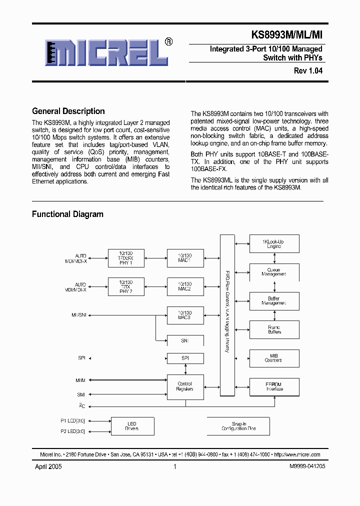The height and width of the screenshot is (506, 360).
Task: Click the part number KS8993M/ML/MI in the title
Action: tap(287, 35)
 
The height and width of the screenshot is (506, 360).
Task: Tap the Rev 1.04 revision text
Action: tap(308, 71)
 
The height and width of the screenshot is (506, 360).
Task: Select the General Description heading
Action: tap(68, 111)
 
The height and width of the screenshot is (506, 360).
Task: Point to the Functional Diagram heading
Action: tap(67, 214)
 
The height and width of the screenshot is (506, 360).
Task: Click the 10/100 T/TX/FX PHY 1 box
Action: tap(126, 258)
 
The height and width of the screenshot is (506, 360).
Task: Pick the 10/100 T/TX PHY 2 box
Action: tap(126, 287)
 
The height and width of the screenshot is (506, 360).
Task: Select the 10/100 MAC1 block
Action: tap(185, 258)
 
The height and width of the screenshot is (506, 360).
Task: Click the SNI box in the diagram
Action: tap(185, 340)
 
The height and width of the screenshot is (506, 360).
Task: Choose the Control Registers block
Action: tap(185, 386)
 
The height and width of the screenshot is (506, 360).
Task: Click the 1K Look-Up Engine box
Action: tap(274, 243)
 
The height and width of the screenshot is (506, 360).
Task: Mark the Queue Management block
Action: tap(274, 272)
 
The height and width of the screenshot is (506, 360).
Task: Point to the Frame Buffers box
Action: tap(274, 329)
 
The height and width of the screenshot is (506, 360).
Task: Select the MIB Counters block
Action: tap(274, 358)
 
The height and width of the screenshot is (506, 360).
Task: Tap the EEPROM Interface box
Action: tap(274, 386)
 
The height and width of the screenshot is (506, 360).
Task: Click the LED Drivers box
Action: tap(132, 426)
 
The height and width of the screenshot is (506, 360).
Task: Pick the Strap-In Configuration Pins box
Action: tap(238, 426)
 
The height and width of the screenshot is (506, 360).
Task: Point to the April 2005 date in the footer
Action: tap(48, 466)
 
